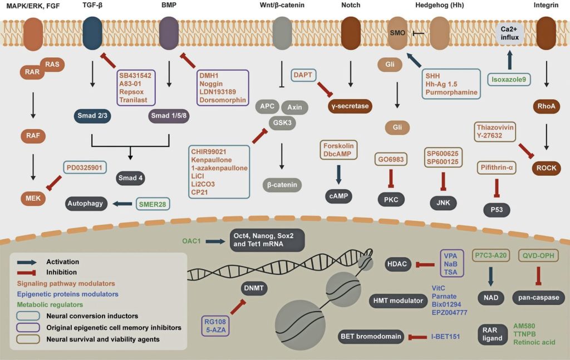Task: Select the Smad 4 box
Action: (x=130, y=178)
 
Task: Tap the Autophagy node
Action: (x=86, y=204)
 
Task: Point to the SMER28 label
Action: (x=153, y=204)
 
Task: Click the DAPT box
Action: (x=304, y=74)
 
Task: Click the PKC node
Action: (x=391, y=199)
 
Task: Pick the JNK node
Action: (x=443, y=203)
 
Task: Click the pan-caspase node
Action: (x=538, y=298)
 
